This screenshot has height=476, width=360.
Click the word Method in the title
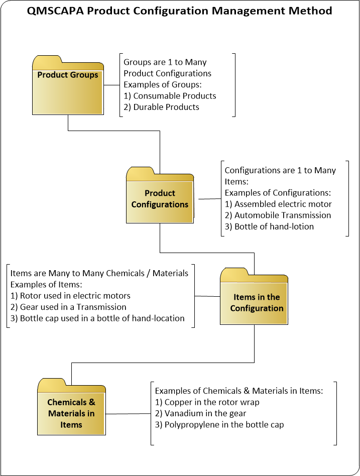[312, 11]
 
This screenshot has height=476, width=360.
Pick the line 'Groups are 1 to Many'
[165, 62]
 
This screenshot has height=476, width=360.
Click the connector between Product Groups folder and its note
[111, 85]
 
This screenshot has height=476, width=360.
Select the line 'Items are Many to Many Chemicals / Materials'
[99, 273]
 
